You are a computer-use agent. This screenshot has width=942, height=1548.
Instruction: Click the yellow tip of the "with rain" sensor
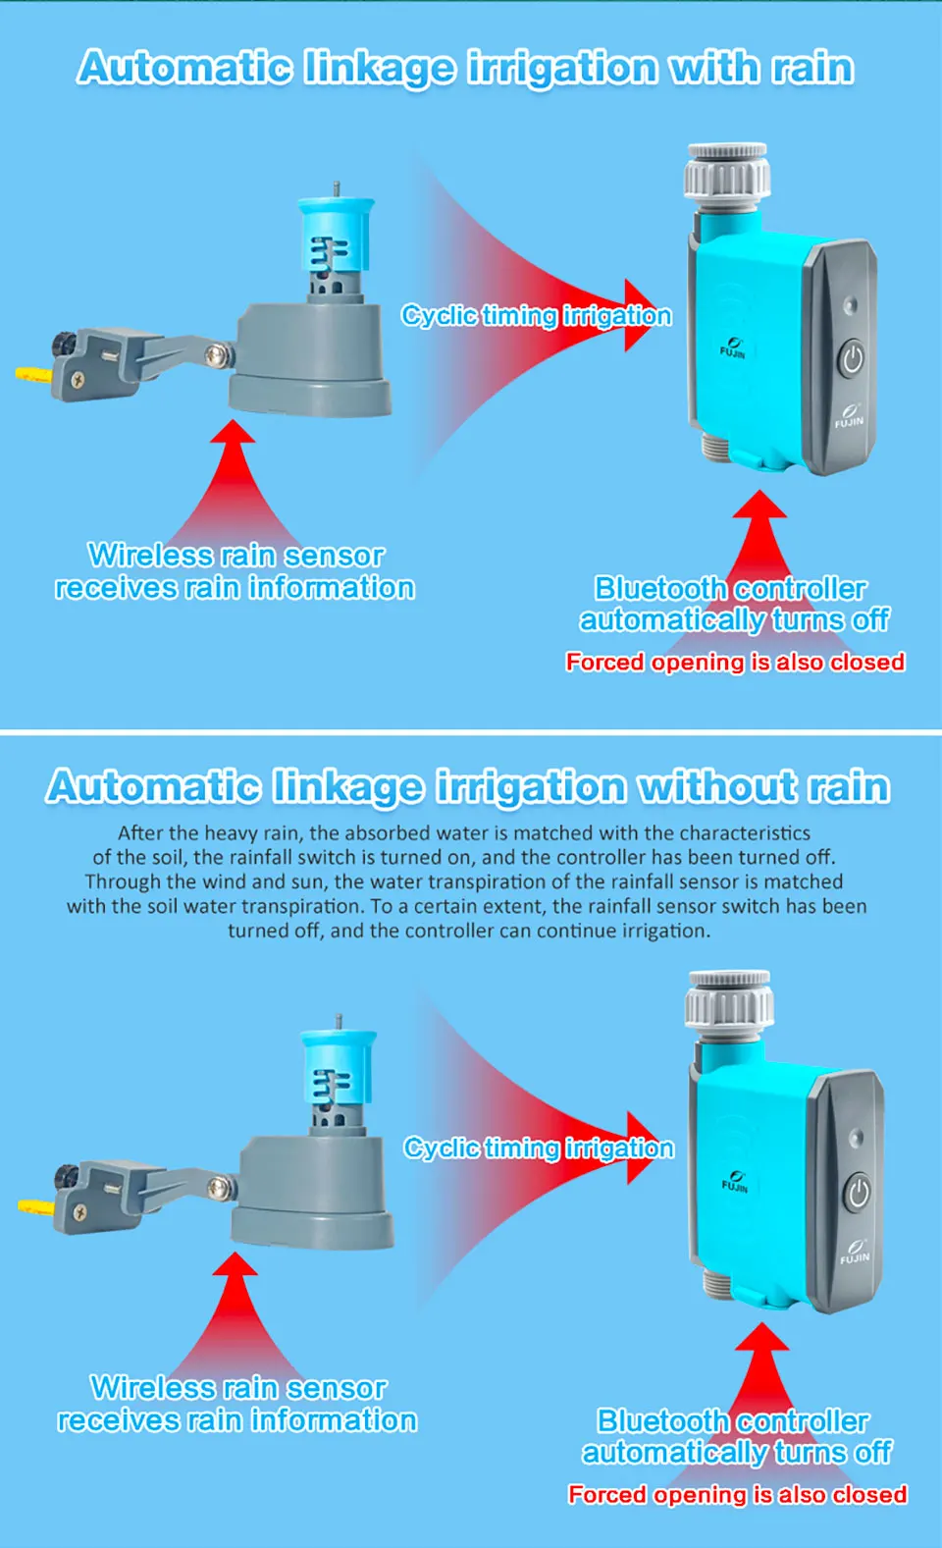tap(29, 373)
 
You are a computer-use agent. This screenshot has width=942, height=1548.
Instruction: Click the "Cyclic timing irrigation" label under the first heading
tap(536, 315)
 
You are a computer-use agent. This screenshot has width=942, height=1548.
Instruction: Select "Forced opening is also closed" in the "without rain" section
tap(737, 1494)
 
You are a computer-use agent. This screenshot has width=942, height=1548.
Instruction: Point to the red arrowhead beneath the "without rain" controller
tap(761, 1341)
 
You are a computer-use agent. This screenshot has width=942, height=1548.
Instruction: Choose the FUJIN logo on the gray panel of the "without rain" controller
tap(854, 1253)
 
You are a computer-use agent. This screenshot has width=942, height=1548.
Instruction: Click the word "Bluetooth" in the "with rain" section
tap(659, 588)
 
